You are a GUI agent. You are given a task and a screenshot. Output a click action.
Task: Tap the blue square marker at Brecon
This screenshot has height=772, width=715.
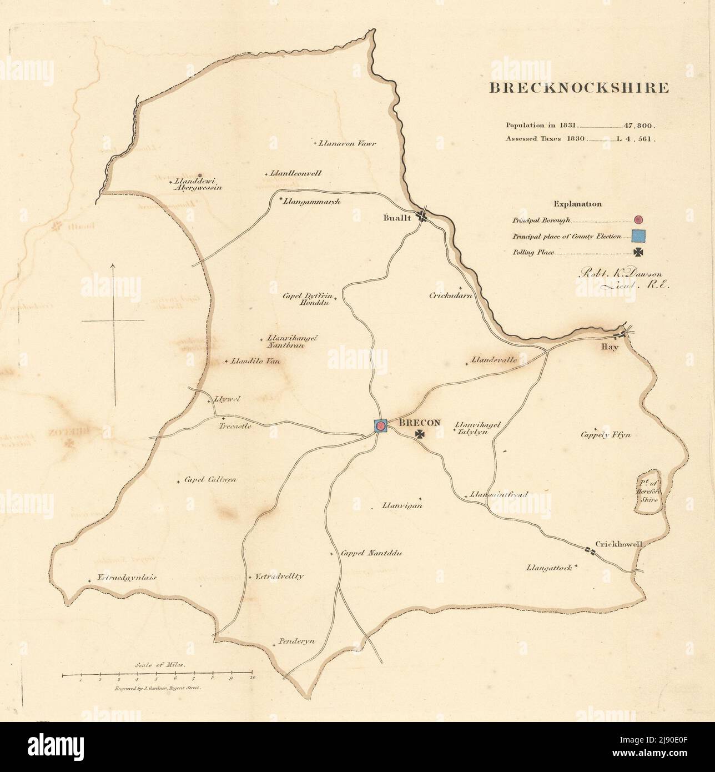click(380, 426)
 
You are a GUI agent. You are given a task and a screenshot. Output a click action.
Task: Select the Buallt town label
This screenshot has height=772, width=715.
click(397, 218)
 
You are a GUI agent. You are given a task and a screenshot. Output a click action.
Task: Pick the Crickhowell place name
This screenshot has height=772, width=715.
click(618, 544)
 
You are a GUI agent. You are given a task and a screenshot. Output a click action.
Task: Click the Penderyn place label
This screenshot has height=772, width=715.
click(296, 640)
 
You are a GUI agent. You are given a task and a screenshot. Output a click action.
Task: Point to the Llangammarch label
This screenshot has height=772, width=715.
click(311, 201)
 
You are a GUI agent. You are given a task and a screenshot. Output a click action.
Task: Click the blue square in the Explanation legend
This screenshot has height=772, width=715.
click(638, 236)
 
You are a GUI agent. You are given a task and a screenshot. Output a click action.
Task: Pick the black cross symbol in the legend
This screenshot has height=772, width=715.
click(639, 253)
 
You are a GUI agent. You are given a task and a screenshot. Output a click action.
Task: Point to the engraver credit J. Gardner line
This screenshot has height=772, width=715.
click(159, 687)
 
